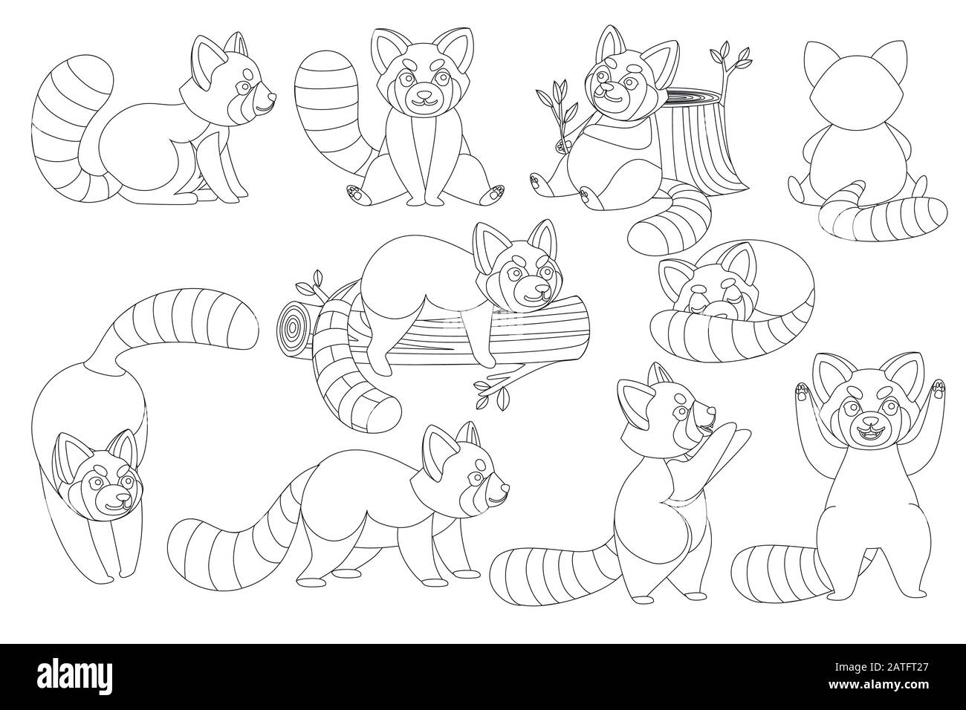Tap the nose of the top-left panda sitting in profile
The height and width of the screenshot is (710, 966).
pos(270,97)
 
